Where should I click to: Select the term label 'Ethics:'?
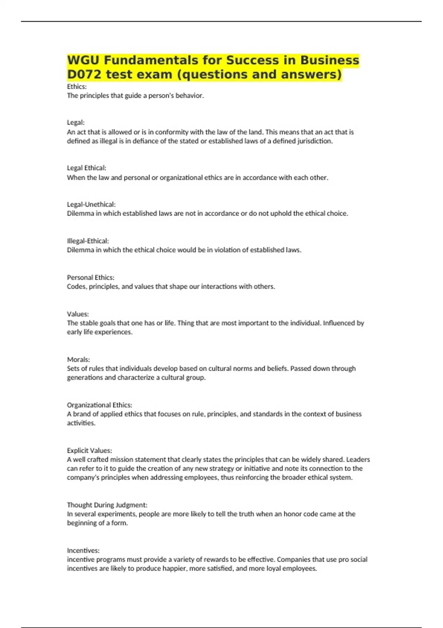[77, 86]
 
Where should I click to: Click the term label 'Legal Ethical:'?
[86, 168]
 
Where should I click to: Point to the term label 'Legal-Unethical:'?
[91, 204]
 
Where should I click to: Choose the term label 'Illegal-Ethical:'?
[88, 241]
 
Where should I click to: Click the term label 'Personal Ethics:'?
[90, 277]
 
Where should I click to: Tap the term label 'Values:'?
[78, 314]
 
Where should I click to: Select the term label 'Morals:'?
[78, 359]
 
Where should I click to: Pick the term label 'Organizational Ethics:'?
[99, 405]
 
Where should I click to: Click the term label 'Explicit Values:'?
[89, 450]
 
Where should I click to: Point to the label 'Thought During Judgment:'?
[107, 505]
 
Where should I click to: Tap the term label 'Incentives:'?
[83, 550]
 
